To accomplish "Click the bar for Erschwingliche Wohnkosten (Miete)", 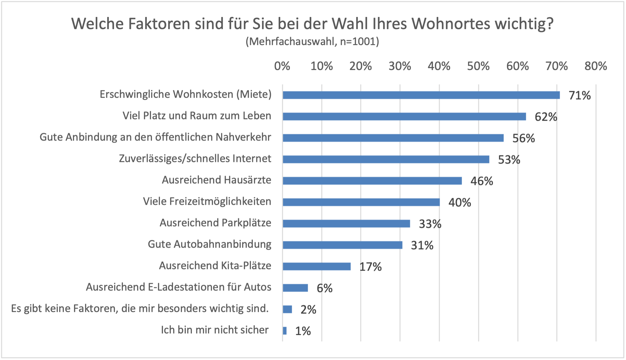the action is point(421,95).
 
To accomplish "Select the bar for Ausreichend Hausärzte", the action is point(372,181).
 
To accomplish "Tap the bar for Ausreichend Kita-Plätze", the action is point(317,266).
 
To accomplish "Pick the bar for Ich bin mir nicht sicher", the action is point(285,331).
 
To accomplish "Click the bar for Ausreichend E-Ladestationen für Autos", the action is point(295,288).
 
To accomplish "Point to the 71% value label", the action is point(580,96).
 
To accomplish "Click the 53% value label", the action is point(509,160).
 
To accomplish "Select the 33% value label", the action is point(430,224).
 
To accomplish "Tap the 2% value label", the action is point(308,310).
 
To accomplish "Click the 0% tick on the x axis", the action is point(282,66).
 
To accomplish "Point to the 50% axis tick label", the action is point(478,66).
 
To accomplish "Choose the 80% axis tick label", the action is point(596,66).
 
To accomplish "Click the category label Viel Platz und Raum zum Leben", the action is point(197,116).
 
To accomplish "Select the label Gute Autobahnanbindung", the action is point(209,244).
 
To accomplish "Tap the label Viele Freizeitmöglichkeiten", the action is point(207,201).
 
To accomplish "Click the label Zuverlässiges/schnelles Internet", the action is point(195,158).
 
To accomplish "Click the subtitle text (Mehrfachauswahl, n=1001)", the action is point(312,42).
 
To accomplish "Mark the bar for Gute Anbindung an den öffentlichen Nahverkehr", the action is point(393,138).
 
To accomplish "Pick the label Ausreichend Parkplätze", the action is point(215,223).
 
